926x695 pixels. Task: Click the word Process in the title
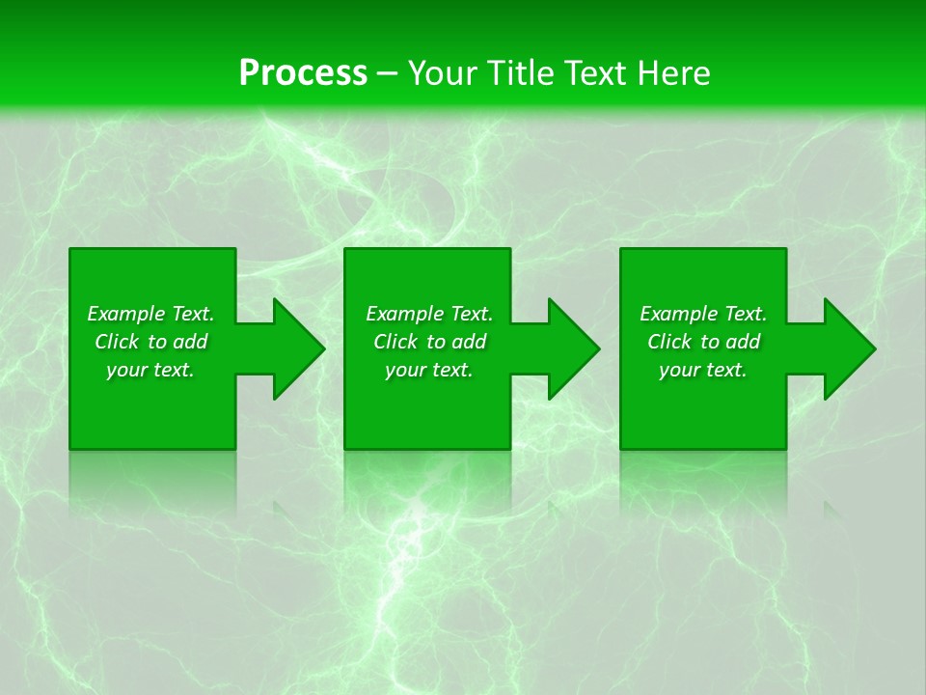click(303, 73)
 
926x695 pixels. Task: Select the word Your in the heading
click(444, 73)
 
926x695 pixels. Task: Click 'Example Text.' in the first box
click(150, 314)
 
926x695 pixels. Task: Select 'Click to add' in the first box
click(150, 342)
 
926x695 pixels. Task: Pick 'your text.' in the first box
click(150, 370)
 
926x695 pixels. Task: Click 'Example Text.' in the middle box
click(429, 314)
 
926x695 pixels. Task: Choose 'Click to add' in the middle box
click(429, 342)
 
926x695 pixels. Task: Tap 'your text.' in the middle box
click(429, 370)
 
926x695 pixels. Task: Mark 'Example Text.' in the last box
click(703, 314)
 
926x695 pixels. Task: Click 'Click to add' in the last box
click(703, 342)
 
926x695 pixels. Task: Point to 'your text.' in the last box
click(703, 370)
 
